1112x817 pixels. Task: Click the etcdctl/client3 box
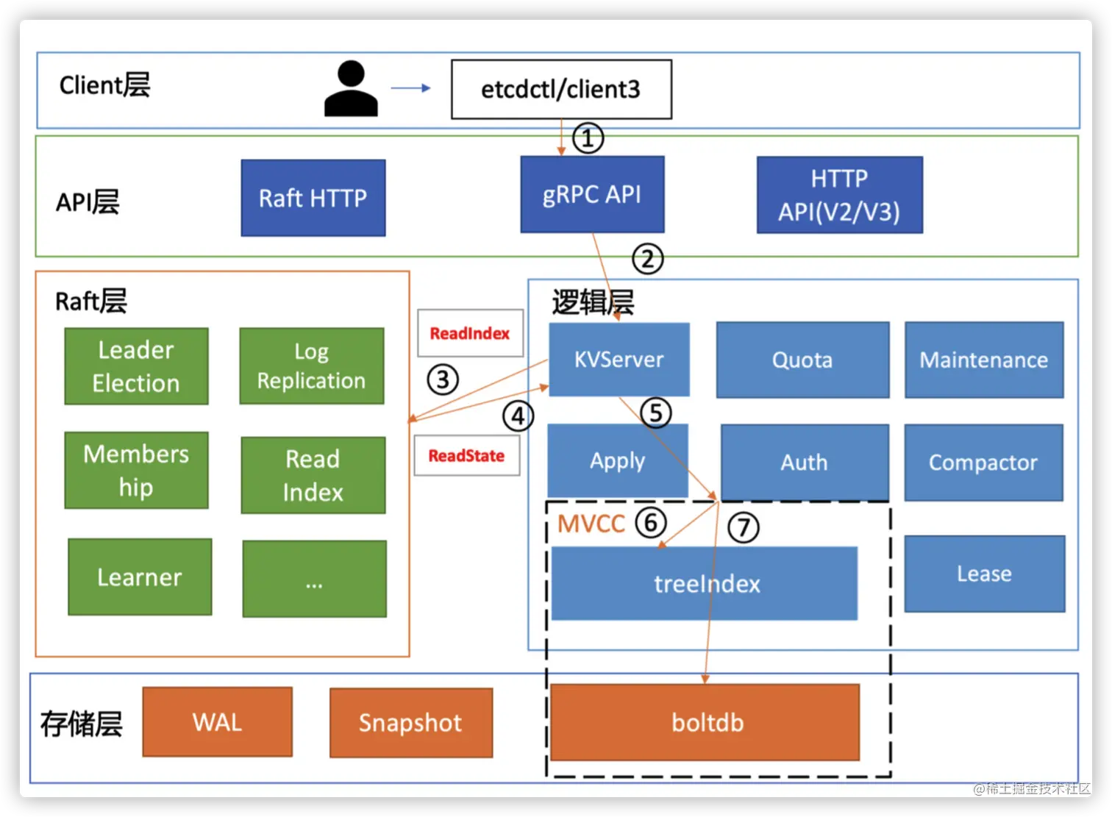[561, 89]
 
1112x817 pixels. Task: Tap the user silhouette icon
[351, 89]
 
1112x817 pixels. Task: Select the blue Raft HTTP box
[313, 198]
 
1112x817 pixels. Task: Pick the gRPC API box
[592, 194]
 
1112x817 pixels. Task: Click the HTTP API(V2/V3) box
[839, 195]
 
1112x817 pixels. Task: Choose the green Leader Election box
[136, 366]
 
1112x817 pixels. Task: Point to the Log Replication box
[311, 366]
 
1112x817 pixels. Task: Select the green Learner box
[140, 577]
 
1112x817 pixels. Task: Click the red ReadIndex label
[470, 334]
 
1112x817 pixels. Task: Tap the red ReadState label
[466, 456]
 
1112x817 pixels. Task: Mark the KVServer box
[619, 360]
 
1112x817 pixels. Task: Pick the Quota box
[802, 360]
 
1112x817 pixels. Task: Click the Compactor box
[983, 463]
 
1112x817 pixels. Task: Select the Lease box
[984, 574]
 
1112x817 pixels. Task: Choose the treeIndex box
[704, 584]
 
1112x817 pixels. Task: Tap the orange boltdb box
[705, 722]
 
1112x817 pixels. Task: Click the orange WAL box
[217, 722]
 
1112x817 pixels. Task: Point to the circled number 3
[443, 379]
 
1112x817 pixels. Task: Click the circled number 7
[743, 527]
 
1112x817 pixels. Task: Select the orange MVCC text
[591, 524]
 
